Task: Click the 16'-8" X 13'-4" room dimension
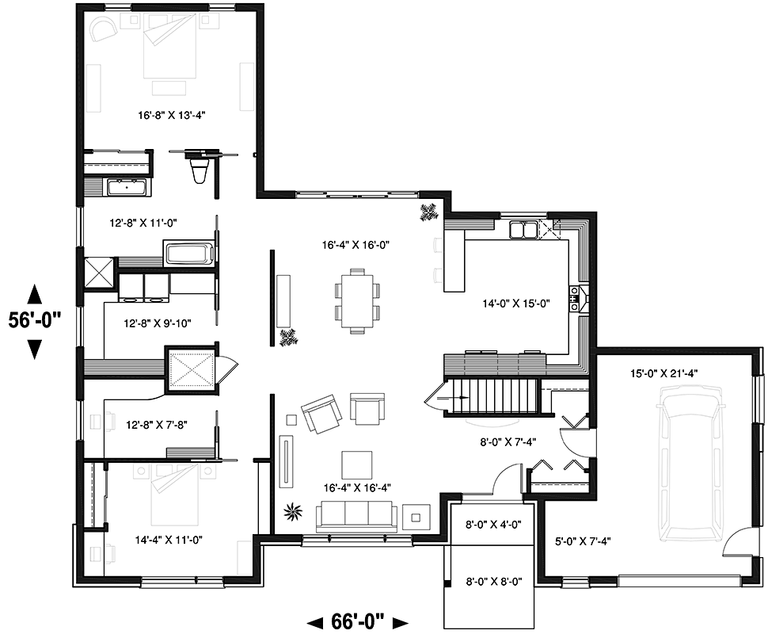(172, 116)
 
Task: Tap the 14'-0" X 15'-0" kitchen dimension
(516, 304)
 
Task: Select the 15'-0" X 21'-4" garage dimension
(664, 373)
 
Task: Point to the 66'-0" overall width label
(358, 622)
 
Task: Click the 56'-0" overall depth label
(35, 320)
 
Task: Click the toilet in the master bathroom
(200, 168)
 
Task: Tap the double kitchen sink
(523, 230)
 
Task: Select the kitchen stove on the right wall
(578, 298)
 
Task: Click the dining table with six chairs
(358, 300)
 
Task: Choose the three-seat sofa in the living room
(356, 517)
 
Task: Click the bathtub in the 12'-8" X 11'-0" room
(189, 254)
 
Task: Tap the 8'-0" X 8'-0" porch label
(494, 582)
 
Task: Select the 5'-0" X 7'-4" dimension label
(584, 541)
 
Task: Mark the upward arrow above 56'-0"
(34, 295)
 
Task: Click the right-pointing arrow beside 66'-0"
(401, 623)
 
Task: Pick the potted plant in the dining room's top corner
(429, 212)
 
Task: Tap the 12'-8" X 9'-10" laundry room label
(158, 323)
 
